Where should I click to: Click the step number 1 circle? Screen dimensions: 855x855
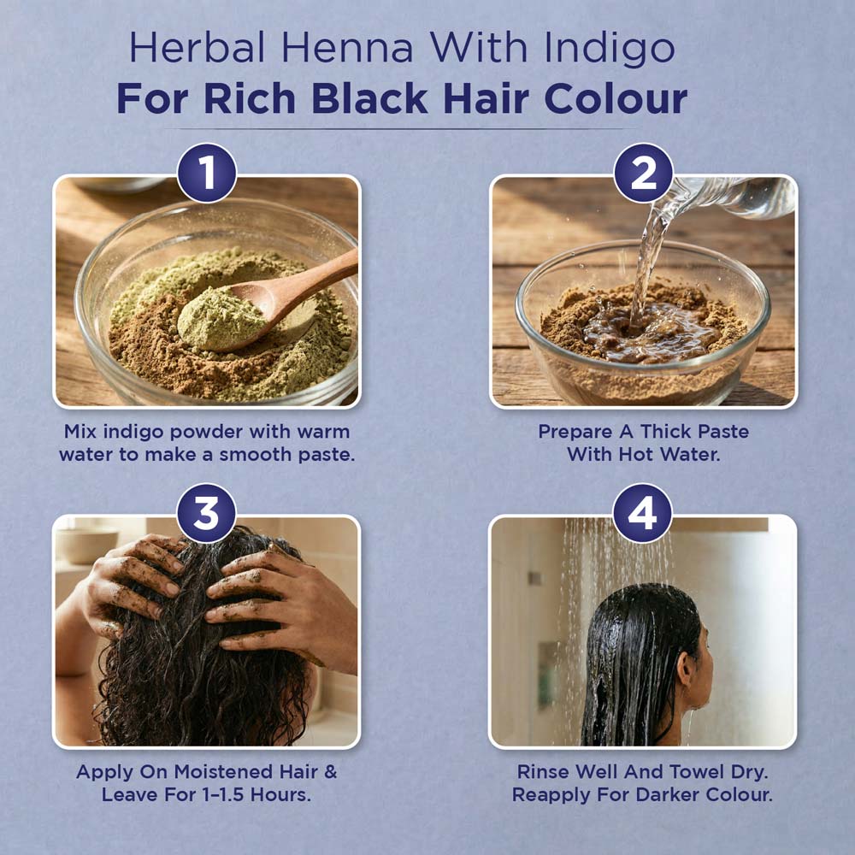click(x=207, y=173)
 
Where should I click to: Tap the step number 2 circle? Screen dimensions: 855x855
click(x=644, y=173)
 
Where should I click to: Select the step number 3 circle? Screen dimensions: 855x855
click(x=206, y=513)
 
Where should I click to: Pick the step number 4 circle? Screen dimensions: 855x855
click(x=642, y=513)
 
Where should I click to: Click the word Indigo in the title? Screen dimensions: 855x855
click(x=610, y=49)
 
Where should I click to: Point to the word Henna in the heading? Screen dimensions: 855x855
click(x=347, y=48)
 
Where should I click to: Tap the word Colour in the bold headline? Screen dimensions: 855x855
click(x=616, y=98)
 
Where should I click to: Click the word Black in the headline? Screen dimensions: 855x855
click(x=369, y=98)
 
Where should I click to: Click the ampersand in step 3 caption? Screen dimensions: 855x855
click(x=330, y=771)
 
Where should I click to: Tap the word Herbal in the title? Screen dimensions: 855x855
click(x=197, y=48)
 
